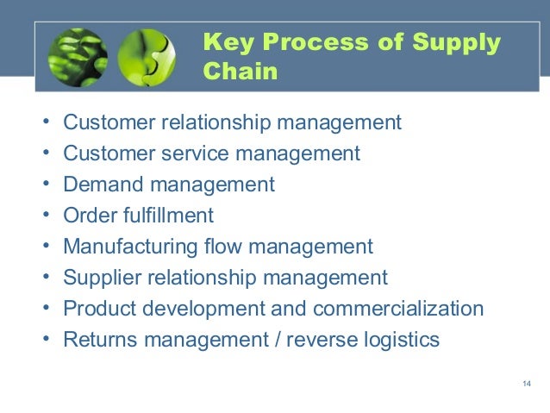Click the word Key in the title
(x=224, y=43)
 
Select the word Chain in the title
(x=241, y=71)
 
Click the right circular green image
(x=147, y=59)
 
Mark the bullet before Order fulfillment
(x=45, y=216)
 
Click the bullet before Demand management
(x=45, y=185)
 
